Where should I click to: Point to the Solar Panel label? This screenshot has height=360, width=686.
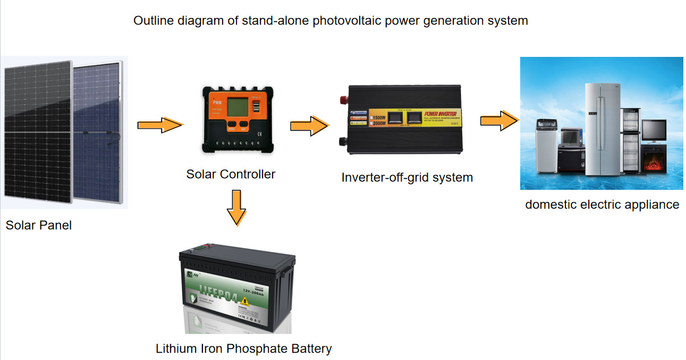(38, 225)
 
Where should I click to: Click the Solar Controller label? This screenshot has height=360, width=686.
(231, 174)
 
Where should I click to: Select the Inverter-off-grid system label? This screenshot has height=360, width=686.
(407, 177)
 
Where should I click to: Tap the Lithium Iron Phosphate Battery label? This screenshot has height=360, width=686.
(243, 349)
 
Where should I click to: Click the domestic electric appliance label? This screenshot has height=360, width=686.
(602, 205)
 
